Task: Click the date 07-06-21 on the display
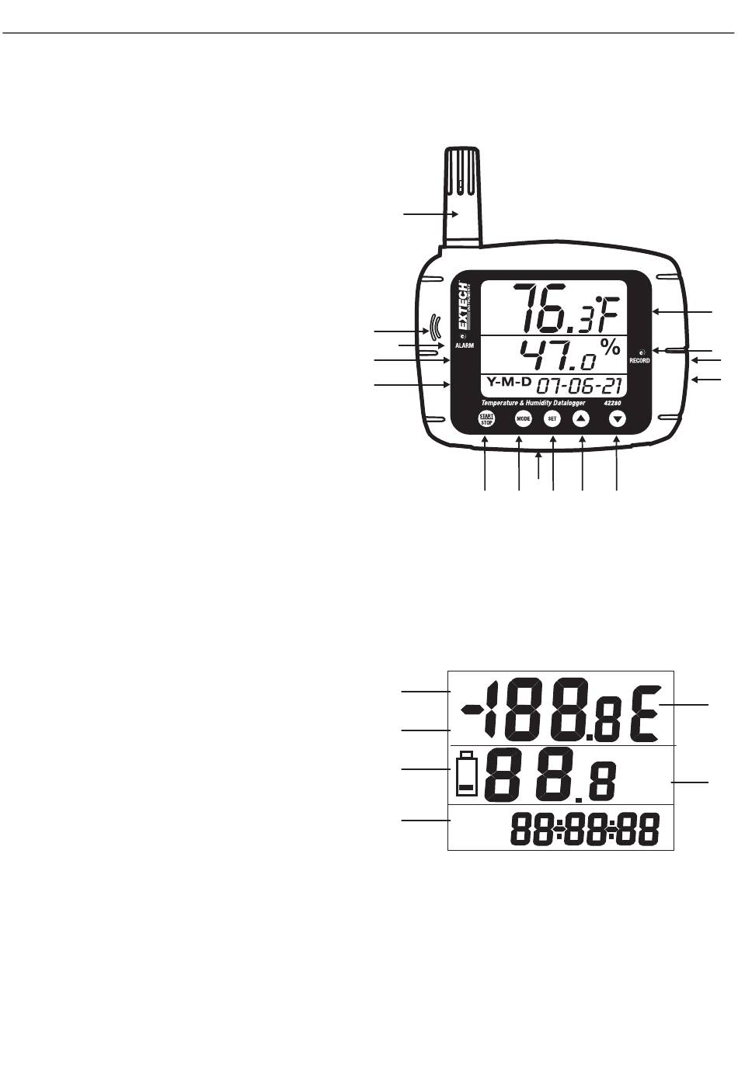pyautogui.click(x=582, y=384)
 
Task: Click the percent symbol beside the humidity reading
pyautogui.click(x=611, y=348)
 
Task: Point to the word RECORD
pyautogui.click(x=640, y=361)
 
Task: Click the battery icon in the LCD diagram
pyautogui.click(x=466, y=774)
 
